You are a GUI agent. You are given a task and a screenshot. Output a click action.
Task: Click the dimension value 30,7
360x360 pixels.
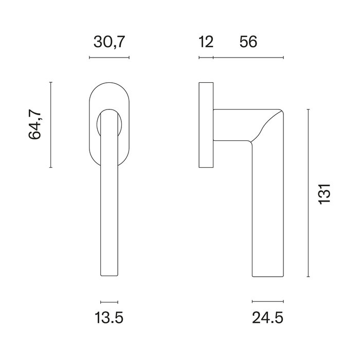click(x=109, y=42)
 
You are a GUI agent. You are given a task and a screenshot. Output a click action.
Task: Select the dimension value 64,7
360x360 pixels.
click(x=35, y=124)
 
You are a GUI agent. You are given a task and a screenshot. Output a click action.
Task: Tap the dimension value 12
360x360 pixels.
click(x=206, y=42)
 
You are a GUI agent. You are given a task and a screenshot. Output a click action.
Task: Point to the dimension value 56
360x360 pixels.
click(x=248, y=42)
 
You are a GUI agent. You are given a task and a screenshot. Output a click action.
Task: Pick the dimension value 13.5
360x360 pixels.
click(x=109, y=319)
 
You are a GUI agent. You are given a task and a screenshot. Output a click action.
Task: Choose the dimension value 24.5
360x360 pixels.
click(x=268, y=319)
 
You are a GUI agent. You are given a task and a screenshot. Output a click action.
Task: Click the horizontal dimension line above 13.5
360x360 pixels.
click(x=109, y=301)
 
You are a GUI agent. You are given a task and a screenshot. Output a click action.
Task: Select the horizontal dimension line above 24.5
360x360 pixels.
click(x=268, y=301)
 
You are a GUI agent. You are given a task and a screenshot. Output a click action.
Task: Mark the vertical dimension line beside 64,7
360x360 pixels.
click(x=50, y=124)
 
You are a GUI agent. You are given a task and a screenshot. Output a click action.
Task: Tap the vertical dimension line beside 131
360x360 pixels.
click(x=308, y=193)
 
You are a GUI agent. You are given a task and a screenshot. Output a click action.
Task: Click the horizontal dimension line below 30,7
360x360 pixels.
click(x=109, y=57)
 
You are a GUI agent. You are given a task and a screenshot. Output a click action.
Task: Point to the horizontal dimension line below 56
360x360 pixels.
click(x=248, y=57)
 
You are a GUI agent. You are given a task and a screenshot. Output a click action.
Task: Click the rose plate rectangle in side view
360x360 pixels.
click(x=206, y=124)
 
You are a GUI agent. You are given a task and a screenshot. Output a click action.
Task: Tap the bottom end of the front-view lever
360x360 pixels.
click(x=109, y=275)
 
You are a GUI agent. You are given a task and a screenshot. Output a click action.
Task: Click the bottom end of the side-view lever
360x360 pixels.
click(x=268, y=275)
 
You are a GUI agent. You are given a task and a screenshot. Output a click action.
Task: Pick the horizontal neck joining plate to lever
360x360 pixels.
click(x=231, y=124)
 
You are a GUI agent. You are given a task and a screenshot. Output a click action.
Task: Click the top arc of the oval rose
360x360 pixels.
click(x=109, y=83)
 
